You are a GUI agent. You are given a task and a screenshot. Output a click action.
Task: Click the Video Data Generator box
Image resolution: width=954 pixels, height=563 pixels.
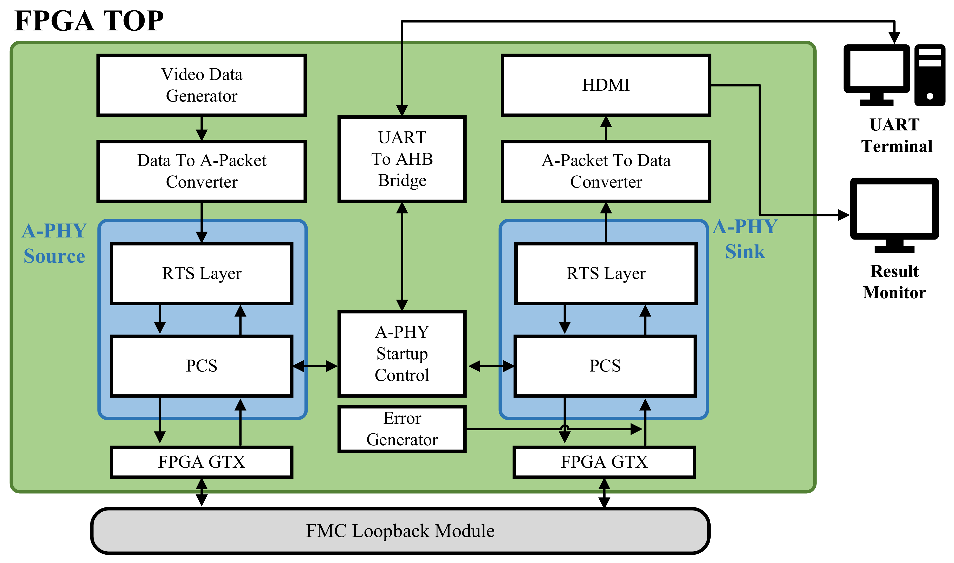coord(201,85)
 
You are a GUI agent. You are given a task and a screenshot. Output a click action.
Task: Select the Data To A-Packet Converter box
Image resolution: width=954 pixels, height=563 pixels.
coord(201,171)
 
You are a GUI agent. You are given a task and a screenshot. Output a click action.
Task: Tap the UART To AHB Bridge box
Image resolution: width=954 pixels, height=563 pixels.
coord(402,159)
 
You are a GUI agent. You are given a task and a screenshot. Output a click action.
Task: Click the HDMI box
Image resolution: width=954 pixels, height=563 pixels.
coord(606,85)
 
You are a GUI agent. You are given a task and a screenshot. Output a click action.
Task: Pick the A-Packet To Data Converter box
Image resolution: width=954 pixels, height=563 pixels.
coord(606,171)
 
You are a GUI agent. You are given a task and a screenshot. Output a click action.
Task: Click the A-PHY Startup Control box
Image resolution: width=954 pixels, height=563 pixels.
coord(402,354)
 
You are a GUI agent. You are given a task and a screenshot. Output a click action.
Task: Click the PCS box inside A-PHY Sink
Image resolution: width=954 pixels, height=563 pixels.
coord(605,366)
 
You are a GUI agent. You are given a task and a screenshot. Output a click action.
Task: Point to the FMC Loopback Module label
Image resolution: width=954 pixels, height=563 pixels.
coord(400,531)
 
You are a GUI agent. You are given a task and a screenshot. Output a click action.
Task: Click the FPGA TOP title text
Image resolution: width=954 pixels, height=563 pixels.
coord(89,21)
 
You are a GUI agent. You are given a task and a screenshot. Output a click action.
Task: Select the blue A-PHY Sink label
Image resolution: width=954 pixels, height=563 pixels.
coord(745,239)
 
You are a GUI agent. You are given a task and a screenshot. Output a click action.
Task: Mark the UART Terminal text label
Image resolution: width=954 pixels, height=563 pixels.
coord(896,135)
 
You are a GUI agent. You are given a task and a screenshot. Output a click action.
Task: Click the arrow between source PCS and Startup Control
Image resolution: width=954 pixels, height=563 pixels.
coord(315,366)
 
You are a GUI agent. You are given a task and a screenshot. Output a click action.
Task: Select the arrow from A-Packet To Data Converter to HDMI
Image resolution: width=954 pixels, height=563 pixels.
coord(606,128)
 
